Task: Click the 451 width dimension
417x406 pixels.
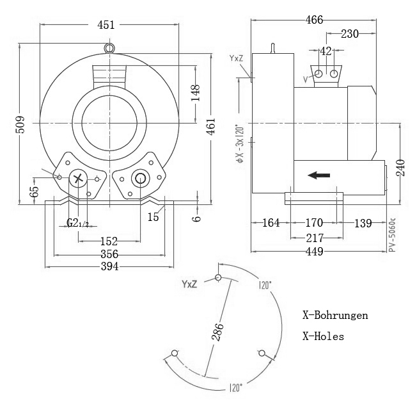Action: (106, 25)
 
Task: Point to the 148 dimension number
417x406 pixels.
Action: (196, 93)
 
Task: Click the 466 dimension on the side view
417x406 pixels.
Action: (314, 20)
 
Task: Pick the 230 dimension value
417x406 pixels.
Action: (349, 34)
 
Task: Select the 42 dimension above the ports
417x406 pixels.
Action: (326, 51)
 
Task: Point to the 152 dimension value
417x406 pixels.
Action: (109, 241)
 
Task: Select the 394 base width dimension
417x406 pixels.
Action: (109, 266)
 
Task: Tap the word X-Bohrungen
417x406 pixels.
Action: (335, 316)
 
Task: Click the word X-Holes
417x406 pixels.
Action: (323, 336)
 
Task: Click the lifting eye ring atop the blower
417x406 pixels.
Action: (109, 47)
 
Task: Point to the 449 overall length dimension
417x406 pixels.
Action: (314, 251)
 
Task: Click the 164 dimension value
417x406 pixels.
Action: (271, 223)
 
